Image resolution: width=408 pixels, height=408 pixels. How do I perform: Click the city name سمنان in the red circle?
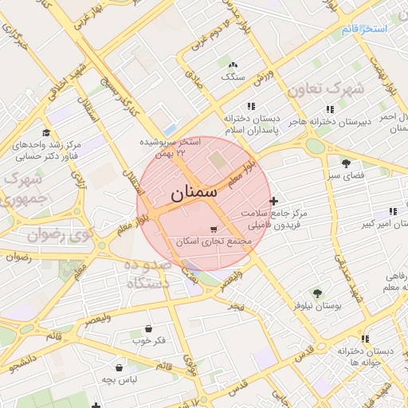192,193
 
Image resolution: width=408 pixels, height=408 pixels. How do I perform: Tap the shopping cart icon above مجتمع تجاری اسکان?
212,229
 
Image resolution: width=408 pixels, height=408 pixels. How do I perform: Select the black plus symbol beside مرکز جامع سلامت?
274,201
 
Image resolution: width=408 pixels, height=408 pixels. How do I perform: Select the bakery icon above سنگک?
233,65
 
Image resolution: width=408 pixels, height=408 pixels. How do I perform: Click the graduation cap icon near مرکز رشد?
46,132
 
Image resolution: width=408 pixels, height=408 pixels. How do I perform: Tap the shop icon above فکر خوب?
149,328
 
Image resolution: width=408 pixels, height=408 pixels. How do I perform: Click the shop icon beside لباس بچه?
119,367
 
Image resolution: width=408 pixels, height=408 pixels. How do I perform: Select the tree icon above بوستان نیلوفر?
318,293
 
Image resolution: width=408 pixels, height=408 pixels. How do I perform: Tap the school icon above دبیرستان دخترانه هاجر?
330,109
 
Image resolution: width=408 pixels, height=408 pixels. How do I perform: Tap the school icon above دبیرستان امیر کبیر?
392,211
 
